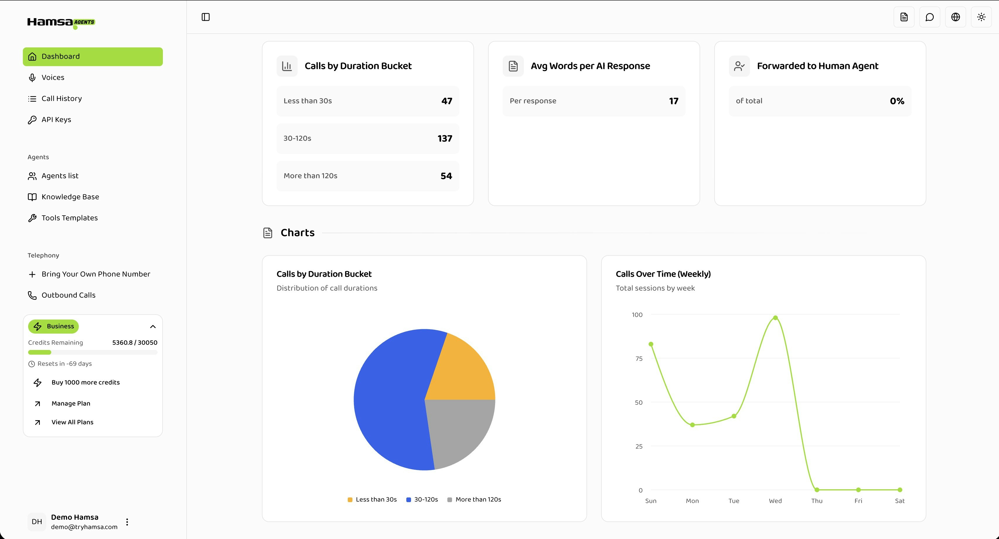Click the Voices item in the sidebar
53,78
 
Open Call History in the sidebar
61,98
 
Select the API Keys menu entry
56,120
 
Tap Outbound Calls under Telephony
68,295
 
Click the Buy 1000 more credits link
85,382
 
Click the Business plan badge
54,326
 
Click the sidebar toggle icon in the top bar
206,17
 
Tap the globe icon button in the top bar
955,17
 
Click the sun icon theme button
981,17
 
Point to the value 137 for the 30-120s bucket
444,139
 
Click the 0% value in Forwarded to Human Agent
897,101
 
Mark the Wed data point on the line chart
775,318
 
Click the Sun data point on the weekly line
651,344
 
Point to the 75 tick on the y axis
639,359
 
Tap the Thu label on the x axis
817,501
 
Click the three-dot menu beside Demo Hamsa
127,522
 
